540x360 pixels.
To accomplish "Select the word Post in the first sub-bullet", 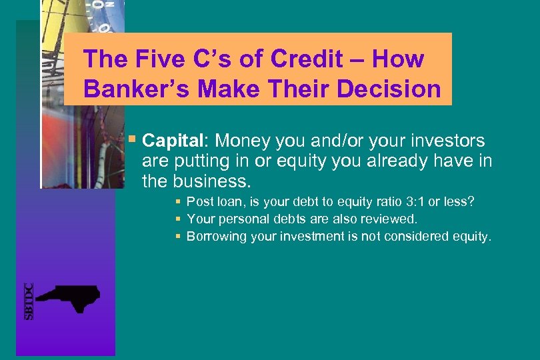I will pyautogui.click(x=198, y=201).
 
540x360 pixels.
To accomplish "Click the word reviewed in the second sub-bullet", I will pyautogui.click(x=392, y=219).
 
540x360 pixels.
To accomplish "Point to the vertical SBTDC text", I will pyautogui.click(x=29, y=301).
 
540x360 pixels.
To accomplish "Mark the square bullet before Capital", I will pyautogui.click(x=133, y=140).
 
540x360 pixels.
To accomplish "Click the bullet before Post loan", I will pyautogui.click(x=179, y=201).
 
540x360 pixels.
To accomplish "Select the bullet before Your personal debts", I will pyautogui.click(x=179, y=219).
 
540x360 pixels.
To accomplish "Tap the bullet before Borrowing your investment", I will pyautogui.click(x=179, y=236).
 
